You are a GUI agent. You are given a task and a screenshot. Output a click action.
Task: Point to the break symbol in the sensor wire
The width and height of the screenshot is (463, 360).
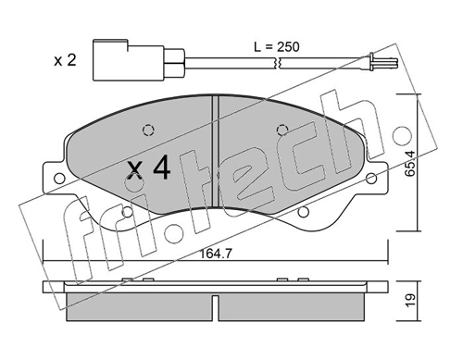277,64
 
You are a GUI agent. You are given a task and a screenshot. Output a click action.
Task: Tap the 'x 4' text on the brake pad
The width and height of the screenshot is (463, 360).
148,169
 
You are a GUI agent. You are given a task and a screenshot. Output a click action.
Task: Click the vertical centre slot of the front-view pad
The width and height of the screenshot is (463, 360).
213,116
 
